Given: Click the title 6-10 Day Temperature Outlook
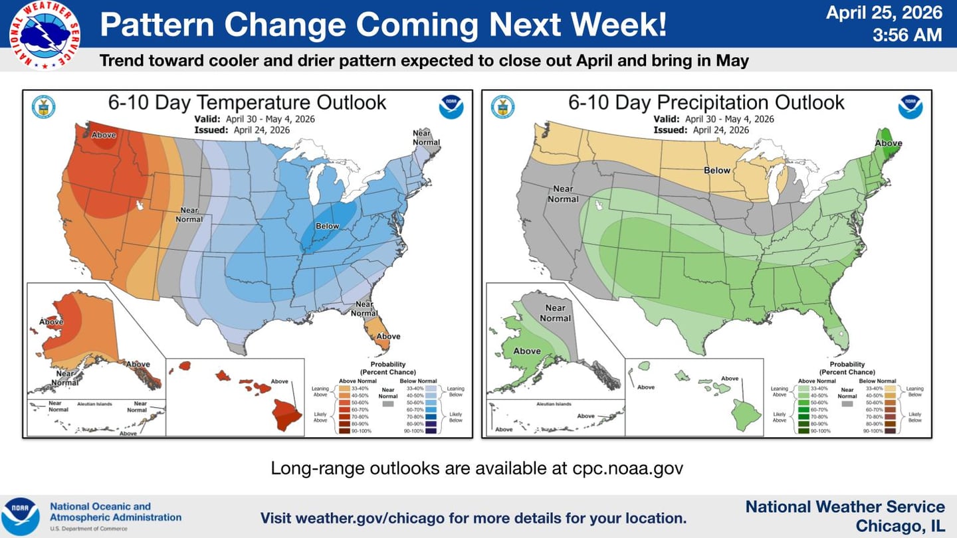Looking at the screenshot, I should tap(247, 102).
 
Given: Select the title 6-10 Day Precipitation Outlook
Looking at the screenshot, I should tap(706, 102).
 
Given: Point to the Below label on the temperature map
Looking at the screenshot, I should tap(327, 226).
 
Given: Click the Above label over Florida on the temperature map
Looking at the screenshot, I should tap(388, 336).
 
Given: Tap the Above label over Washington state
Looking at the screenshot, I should tap(104, 135).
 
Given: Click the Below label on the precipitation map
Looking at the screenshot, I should tap(717, 171).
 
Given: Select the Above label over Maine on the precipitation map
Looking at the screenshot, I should tap(888, 143).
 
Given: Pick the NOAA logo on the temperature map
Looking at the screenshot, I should tap(451, 107).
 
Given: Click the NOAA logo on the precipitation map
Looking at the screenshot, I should tap(910, 107).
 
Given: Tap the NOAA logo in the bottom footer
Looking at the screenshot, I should tap(20, 516).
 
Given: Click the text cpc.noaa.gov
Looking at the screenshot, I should tap(627, 468).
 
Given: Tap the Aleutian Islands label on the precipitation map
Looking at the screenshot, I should tap(554, 404).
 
